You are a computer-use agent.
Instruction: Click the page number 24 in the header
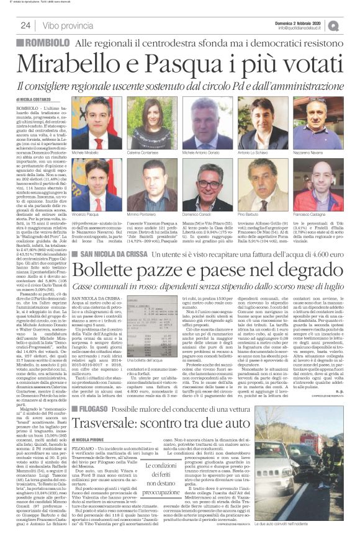(x=25, y=25)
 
